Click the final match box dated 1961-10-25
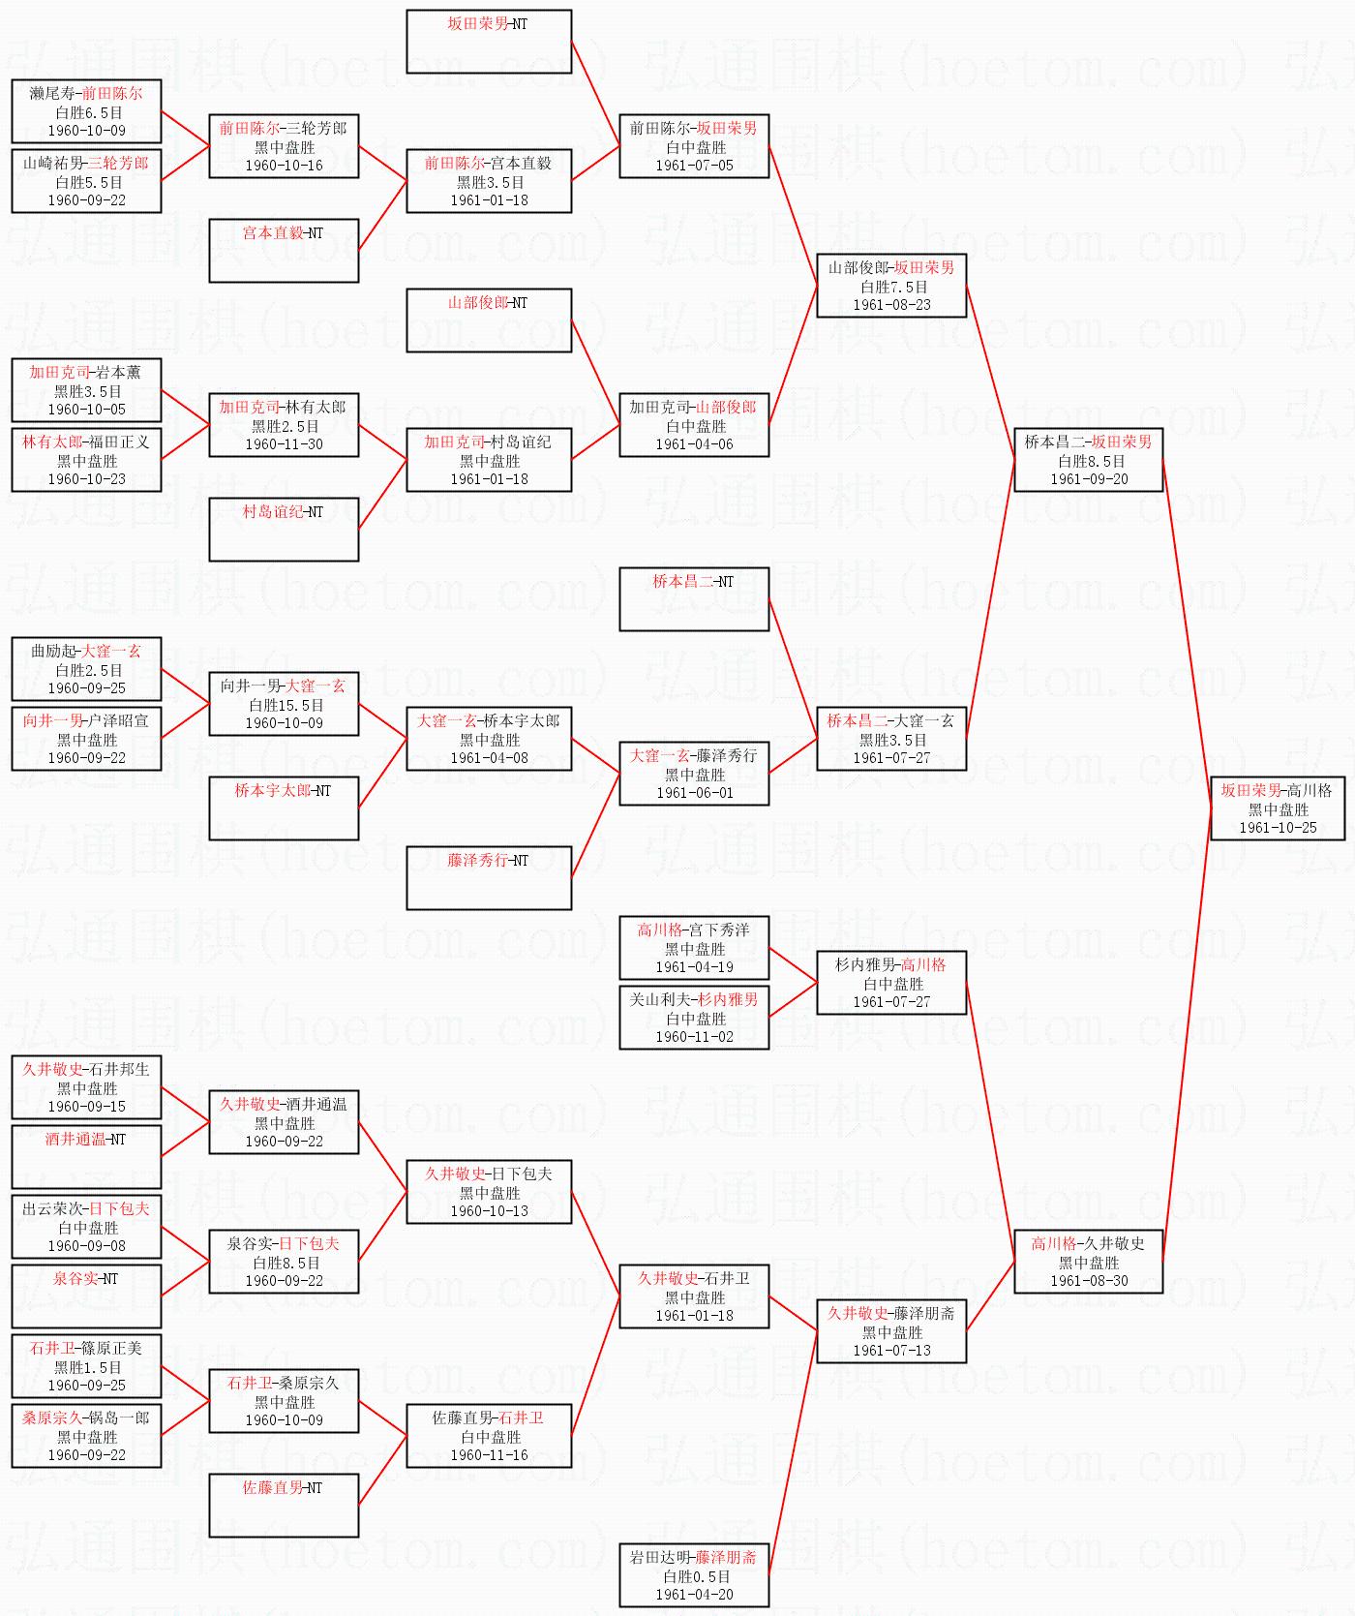click(x=1277, y=808)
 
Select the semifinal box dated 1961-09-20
click(x=1088, y=460)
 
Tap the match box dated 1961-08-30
click(x=1088, y=1262)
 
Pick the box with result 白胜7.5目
click(x=891, y=286)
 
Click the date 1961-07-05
click(x=694, y=166)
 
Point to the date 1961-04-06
click(x=694, y=444)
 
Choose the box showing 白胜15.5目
click(x=284, y=704)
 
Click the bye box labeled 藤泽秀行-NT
click(x=489, y=877)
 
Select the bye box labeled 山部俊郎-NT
click(x=489, y=320)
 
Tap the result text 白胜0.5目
click(x=694, y=1576)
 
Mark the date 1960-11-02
click(x=694, y=1037)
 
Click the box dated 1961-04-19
click(x=694, y=948)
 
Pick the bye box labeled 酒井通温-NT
click(x=86, y=1156)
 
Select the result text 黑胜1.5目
click(x=86, y=1367)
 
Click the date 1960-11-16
click(x=489, y=1455)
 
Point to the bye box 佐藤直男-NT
click(x=284, y=1505)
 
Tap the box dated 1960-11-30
click(x=284, y=425)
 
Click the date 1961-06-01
click(x=694, y=793)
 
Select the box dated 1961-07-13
click(x=891, y=1331)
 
